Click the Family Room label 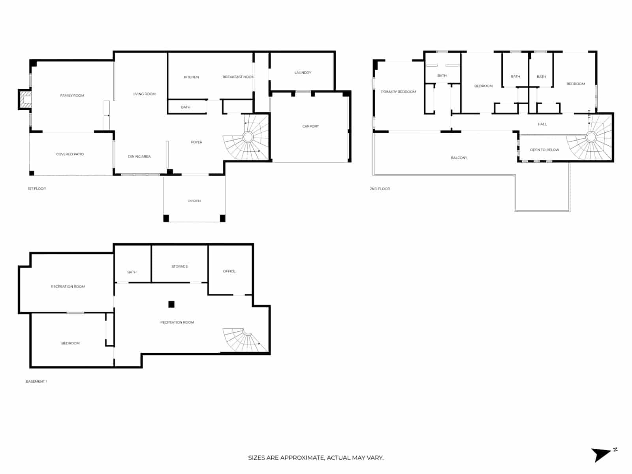tap(72, 96)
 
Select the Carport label tap(310, 126)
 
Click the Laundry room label tap(303, 73)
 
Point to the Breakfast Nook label tap(238, 77)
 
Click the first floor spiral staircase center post tap(248, 137)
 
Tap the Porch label tap(194, 201)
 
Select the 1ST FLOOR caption tap(37, 189)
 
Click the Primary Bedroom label tap(398, 92)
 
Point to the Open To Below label tap(544, 150)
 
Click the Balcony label tap(459, 158)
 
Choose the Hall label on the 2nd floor tap(542, 124)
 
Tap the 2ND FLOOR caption tap(380, 189)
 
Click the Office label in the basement tap(229, 271)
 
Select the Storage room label tap(179, 267)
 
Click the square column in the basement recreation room tap(171, 304)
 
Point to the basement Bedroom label tap(70, 343)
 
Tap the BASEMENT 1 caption tap(36, 382)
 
